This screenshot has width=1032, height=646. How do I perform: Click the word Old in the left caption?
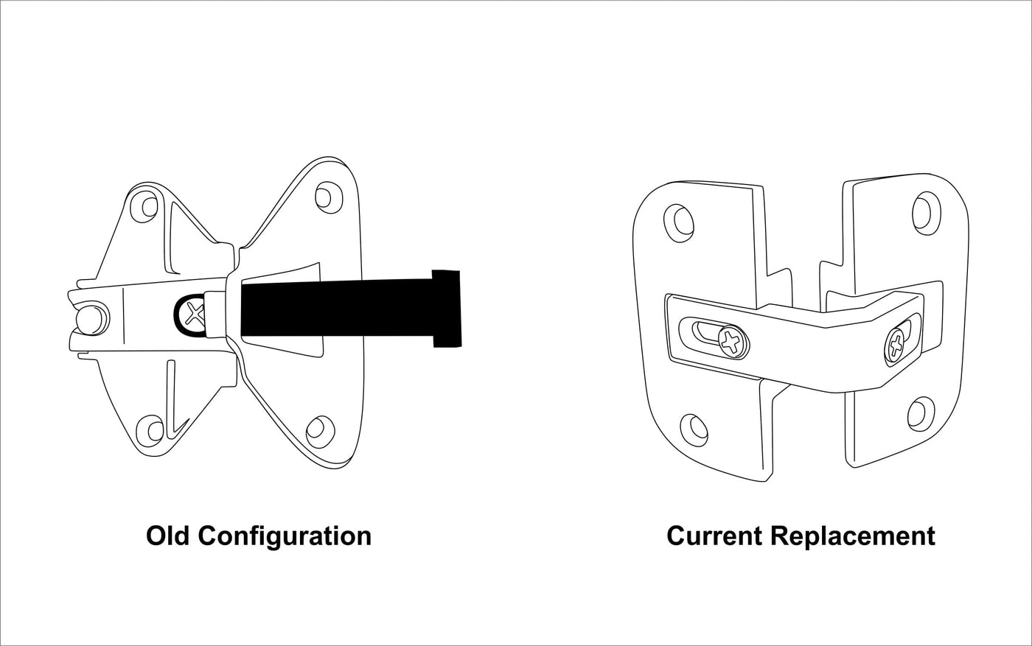[169, 536]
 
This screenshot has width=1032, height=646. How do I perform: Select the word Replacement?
[853, 536]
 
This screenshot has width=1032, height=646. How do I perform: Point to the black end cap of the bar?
[447, 308]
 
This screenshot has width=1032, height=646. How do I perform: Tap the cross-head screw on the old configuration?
[194, 314]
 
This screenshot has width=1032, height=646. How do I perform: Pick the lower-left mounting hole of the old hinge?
[152, 429]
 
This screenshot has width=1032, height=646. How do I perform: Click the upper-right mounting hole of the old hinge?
[325, 197]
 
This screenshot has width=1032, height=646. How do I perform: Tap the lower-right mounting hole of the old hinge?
[318, 428]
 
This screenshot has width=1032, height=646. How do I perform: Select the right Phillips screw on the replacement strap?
[896, 343]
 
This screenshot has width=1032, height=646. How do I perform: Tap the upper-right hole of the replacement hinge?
[922, 211]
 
